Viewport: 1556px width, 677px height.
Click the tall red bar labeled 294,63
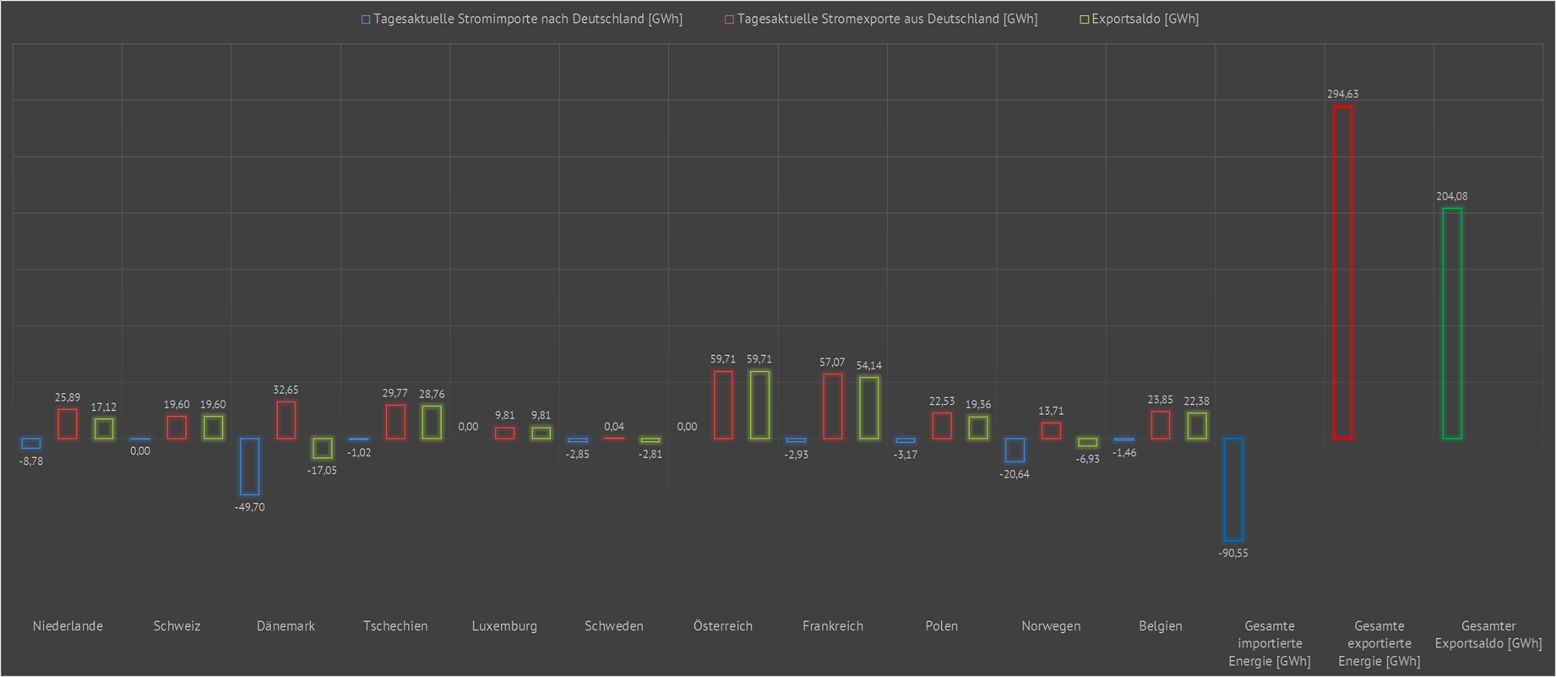coord(1342,272)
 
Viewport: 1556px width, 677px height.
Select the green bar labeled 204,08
coord(1451,323)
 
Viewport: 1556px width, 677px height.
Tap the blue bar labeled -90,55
coord(1233,489)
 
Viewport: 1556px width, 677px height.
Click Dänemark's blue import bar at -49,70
coord(249,466)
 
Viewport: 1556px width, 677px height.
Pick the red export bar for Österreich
coord(723,405)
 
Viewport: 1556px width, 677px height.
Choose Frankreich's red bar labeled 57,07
coord(832,407)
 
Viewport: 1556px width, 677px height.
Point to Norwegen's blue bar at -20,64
coord(1015,450)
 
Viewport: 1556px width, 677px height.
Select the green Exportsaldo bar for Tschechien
coord(432,422)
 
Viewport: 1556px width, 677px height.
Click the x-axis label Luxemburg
coord(504,626)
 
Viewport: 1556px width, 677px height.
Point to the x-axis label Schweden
coord(614,626)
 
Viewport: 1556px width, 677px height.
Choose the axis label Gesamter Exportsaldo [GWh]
coord(1488,635)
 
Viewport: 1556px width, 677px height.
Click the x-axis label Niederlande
coord(68,626)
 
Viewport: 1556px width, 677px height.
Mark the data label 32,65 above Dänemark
coord(286,390)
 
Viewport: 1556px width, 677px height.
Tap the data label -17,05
coord(322,471)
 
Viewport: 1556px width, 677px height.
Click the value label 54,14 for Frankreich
coord(868,366)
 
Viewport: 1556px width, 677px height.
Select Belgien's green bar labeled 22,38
coord(1196,425)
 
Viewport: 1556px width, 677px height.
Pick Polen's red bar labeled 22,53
coord(942,425)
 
